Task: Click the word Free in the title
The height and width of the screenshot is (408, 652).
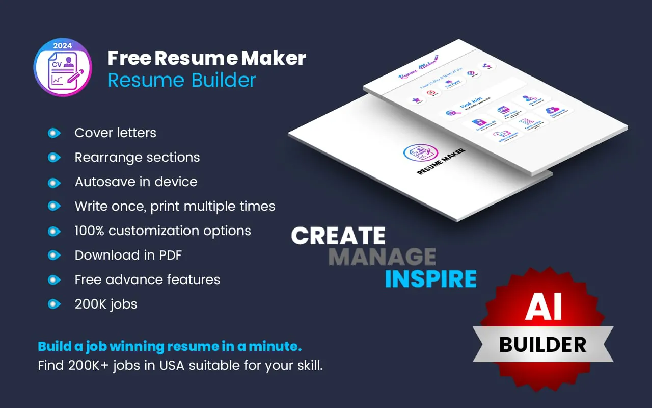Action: (x=129, y=58)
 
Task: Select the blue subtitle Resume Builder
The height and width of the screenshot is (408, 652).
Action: (x=182, y=80)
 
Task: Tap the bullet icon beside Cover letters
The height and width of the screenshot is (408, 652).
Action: (x=53, y=133)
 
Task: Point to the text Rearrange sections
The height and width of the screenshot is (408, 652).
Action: (x=137, y=157)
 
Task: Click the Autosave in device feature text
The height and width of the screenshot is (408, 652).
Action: (x=135, y=182)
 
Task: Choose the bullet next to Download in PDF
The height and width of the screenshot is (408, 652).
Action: (x=53, y=256)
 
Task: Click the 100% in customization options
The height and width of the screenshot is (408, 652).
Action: (x=90, y=231)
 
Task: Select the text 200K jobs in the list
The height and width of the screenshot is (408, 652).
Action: (x=106, y=304)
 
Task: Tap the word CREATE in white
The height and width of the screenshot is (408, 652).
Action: (x=338, y=236)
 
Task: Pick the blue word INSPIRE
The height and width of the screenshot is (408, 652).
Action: (x=430, y=279)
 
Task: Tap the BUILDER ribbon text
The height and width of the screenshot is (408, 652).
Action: (x=543, y=345)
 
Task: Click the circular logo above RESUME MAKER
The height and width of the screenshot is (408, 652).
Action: (x=421, y=153)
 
